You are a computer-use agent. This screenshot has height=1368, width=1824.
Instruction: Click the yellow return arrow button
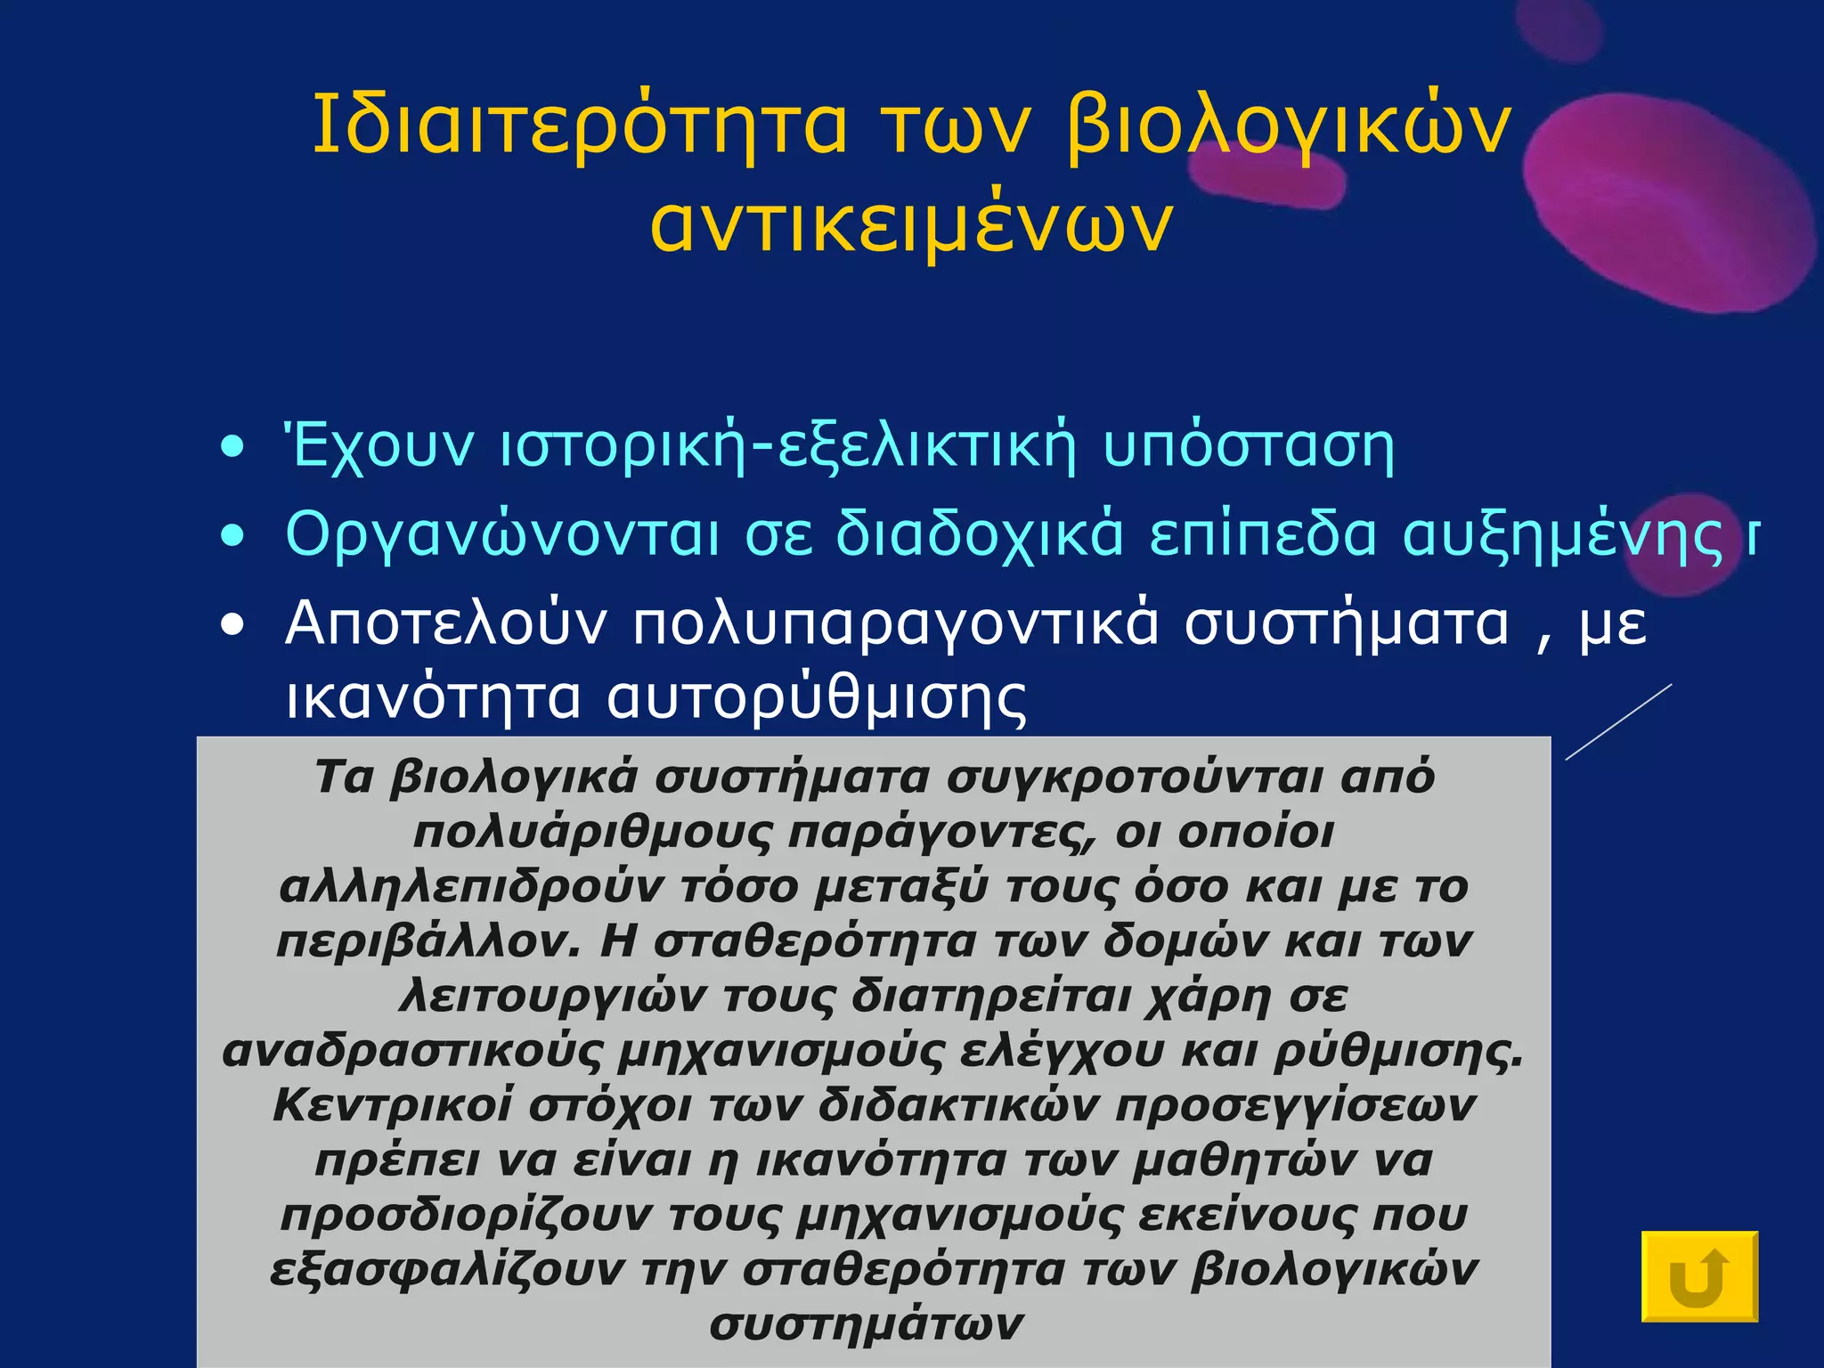[1698, 1275]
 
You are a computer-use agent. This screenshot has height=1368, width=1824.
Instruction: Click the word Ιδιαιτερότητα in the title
[580, 126]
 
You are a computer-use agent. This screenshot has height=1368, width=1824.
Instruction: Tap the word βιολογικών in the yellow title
[1288, 126]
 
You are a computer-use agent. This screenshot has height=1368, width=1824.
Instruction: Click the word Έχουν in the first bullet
[379, 446]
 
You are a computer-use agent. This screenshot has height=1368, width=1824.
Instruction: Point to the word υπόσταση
[1248, 446]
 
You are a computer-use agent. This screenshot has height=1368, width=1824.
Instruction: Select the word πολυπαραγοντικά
[896, 624]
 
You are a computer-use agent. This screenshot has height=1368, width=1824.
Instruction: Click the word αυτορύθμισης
[816, 696]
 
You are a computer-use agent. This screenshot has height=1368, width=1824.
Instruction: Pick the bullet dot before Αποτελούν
[232, 626]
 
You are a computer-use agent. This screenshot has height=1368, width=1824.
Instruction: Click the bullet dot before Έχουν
[232, 448]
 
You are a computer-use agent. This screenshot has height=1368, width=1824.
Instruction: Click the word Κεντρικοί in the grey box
[392, 1106]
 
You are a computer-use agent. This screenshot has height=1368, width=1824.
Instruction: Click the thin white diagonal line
[1618, 721]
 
